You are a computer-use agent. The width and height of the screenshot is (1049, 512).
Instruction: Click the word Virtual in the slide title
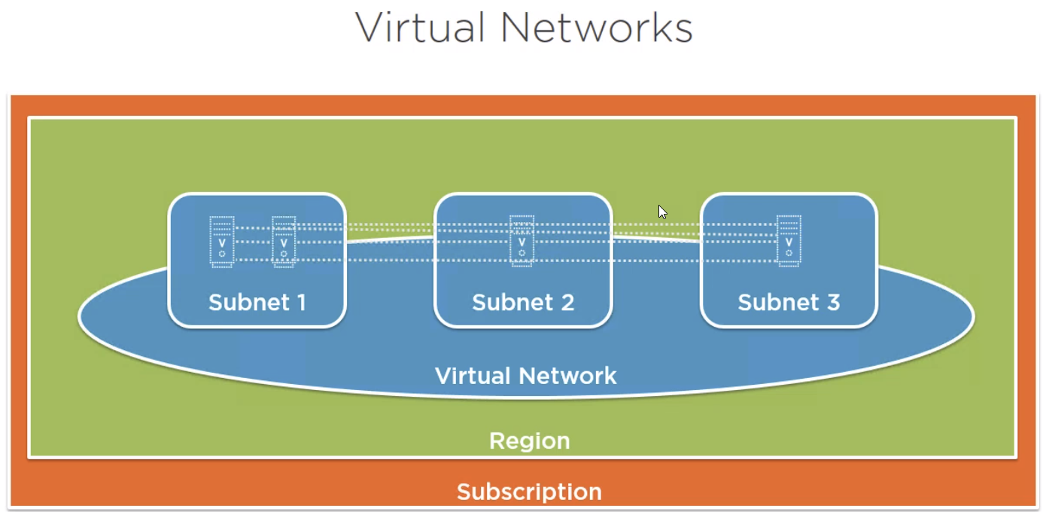420,29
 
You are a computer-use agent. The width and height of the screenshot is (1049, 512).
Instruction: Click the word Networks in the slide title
597,29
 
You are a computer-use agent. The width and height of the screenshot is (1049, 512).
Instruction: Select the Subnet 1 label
257,303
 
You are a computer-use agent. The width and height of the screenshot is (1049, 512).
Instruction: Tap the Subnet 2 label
523,303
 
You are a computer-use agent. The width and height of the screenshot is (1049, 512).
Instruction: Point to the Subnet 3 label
789,303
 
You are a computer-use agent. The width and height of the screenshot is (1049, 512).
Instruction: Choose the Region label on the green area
530,440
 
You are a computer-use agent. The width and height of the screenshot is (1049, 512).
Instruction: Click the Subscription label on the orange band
529,492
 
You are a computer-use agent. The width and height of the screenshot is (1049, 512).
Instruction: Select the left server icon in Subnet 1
222,242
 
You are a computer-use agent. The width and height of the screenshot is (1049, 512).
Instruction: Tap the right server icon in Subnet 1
284,242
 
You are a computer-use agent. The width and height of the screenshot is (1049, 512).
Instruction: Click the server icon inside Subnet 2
521,241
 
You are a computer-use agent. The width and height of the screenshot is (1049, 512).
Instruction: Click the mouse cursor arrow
662,212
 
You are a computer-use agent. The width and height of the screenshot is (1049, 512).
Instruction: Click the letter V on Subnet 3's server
789,242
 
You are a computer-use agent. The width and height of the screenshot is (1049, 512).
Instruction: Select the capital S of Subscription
464,492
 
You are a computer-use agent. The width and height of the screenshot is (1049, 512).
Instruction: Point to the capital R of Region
497,440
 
